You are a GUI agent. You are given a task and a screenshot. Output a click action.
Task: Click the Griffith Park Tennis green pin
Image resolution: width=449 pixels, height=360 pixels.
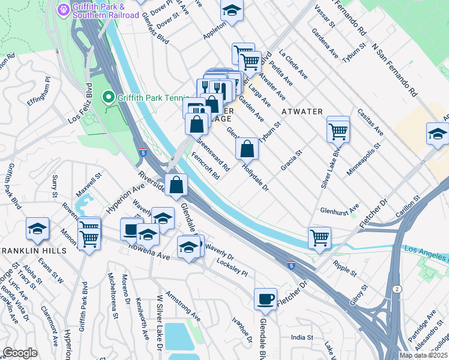(109, 97)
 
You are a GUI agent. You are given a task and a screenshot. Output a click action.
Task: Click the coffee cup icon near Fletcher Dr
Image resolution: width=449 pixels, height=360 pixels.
(265, 299)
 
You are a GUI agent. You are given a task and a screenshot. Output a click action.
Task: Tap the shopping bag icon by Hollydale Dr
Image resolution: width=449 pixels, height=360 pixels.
(247, 148)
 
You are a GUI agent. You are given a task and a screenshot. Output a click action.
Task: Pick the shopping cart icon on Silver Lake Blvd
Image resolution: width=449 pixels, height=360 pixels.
(339, 130)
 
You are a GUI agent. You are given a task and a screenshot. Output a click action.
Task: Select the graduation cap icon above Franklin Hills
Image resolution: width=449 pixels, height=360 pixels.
(37, 229)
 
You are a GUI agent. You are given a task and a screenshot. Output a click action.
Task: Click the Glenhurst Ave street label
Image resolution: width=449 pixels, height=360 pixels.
(339, 211)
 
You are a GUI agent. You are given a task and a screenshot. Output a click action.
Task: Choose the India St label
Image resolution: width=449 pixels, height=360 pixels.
(302, 338)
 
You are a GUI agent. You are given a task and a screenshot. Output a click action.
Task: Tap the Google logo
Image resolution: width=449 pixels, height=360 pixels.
(20, 353)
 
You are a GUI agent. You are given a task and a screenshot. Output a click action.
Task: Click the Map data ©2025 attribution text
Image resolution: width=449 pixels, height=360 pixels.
(423, 355)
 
